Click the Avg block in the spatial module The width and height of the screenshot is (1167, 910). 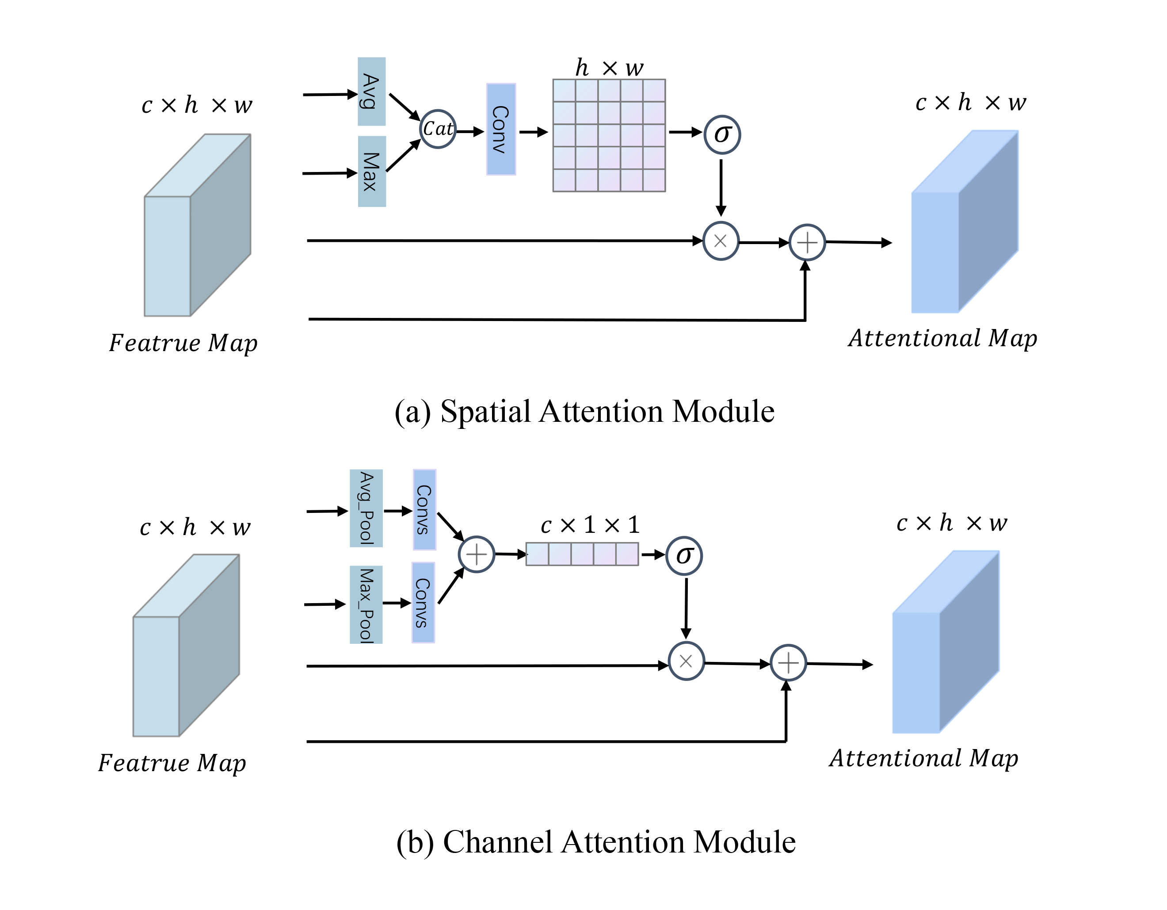coord(371,92)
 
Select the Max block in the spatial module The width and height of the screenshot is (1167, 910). coord(371,172)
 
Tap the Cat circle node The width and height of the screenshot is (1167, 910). coord(438,129)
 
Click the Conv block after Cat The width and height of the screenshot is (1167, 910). coord(501,129)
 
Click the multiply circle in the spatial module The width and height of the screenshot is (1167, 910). coord(721,241)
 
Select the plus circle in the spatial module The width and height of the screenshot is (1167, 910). coord(807,243)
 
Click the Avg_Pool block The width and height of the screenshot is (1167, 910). coord(366,508)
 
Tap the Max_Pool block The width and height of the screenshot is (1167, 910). coord(366,604)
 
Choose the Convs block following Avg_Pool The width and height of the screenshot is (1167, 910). coord(424,509)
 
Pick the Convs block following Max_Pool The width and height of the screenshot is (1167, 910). coord(423,602)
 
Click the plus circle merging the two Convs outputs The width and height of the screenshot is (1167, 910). coord(476,554)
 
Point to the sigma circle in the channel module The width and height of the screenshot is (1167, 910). coord(684,556)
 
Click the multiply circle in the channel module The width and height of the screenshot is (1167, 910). coord(686,661)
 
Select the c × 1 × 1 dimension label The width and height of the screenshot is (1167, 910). coord(590,525)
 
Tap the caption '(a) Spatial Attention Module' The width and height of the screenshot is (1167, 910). coord(584,412)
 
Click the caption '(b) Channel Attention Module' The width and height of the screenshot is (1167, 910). coord(595,842)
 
